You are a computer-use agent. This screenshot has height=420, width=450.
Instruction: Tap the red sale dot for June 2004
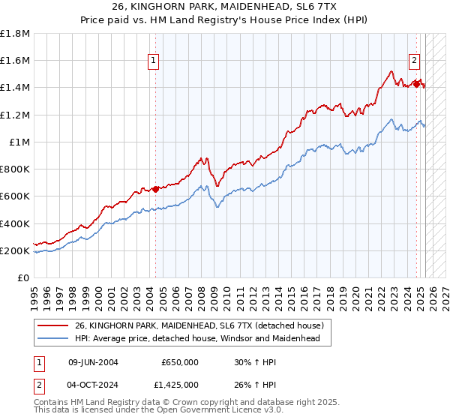tap(155, 189)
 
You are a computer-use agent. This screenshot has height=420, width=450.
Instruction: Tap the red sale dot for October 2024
tap(416, 84)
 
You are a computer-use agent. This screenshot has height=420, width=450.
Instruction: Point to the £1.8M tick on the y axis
tap(15, 34)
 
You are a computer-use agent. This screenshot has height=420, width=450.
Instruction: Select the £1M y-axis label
tap(19, 142)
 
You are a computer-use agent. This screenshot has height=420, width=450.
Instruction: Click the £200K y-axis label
tap(15, 250)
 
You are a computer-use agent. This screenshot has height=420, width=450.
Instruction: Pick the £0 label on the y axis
tap(23, 277)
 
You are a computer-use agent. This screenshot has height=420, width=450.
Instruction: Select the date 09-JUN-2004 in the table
tap(93, 361)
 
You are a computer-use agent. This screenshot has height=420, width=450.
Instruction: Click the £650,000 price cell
tap(180, 361)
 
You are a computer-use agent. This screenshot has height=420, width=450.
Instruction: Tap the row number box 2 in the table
tap(39, 386)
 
